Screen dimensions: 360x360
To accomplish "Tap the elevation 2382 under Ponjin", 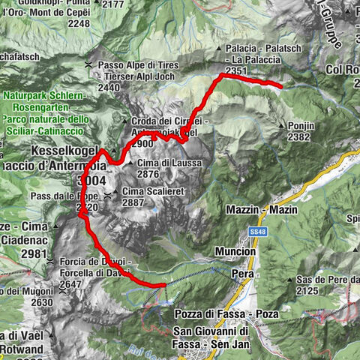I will [298, 137].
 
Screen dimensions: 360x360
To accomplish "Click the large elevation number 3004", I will [92, 181].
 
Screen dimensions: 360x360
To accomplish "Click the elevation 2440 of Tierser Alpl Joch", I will [108, 88].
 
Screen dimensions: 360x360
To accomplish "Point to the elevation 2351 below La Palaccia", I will [235, 70].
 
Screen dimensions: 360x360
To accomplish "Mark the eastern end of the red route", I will [280, 87].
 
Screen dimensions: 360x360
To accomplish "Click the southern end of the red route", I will [163, 285].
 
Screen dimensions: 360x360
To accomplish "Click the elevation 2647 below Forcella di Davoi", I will [60, 284].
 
